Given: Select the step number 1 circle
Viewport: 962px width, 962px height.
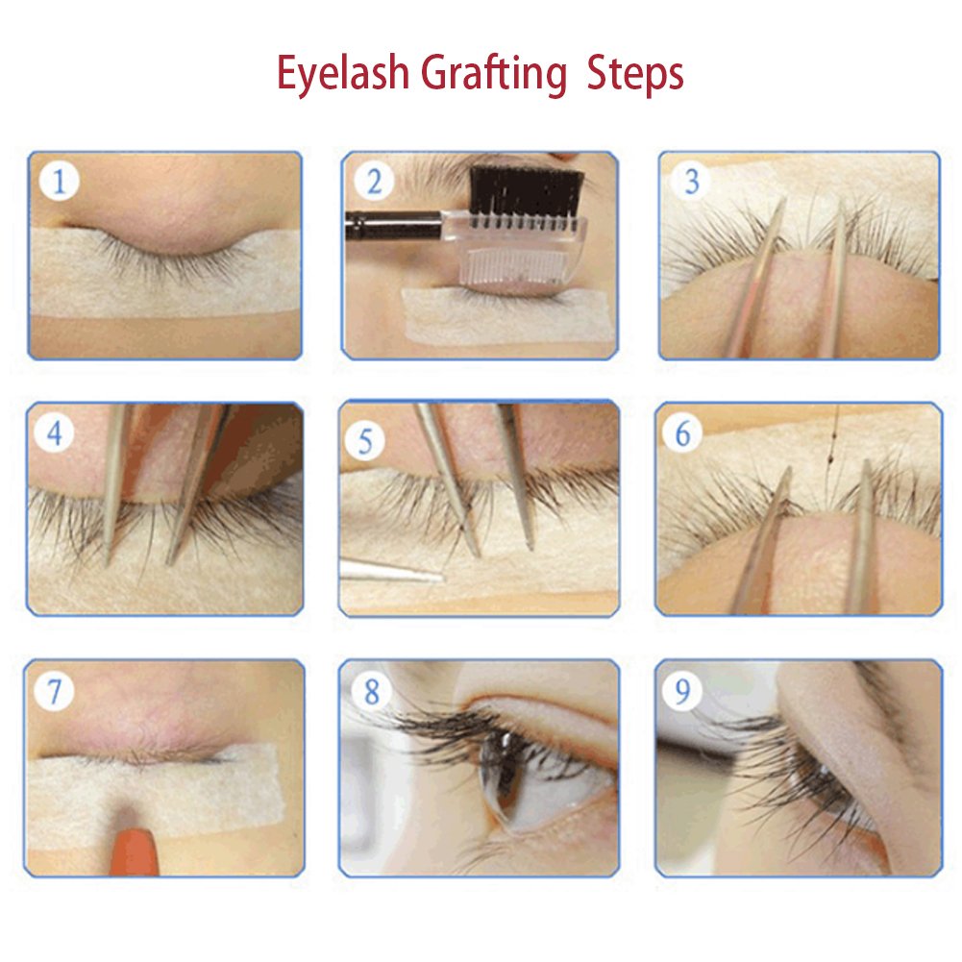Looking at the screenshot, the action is click(x=59, y=181).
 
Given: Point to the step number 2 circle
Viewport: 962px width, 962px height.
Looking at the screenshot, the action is click(x=374, y=181).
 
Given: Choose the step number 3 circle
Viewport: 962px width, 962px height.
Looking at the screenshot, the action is click(x=691, y=181).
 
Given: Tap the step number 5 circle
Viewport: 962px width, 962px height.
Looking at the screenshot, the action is click(x=365, y=441).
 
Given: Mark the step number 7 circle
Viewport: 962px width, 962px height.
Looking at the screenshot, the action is click(x=55, y=691).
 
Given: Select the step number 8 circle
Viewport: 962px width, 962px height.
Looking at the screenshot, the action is click(x=371, y=691).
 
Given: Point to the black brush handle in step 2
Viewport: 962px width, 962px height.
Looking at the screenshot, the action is click(x=393, y=225).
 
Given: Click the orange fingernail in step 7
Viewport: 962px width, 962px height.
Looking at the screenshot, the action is click(x=135, y=851).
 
